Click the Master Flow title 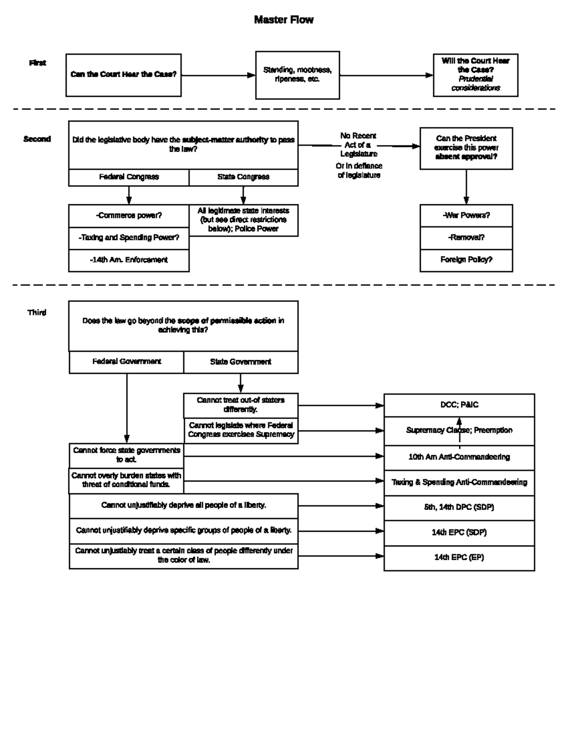[x=284, y=20]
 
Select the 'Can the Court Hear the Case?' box [x=124, y=75]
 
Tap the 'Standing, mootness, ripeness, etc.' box [x=297, y=75]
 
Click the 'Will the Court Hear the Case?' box [x=475, y=75]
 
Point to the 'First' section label [x=37, y=63]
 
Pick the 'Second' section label [x=37, y=139]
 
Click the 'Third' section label [x=37, y=313]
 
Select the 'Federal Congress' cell [x=129, y=177]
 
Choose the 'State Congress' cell [x=243, y=177]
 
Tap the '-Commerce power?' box [x=129, y=216]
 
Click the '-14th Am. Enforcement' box [x=129, y=260]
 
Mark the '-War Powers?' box [x=466, y=216]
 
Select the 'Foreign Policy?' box [x=466, y=260]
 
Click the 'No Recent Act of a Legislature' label [x=358, y=145]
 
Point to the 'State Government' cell [x=240, y=362]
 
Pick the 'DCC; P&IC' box [x=459, y=405]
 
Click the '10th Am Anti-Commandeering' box [x=459, y=457]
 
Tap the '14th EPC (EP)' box [x=459, y=558]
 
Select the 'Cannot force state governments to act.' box [x=126, y=455]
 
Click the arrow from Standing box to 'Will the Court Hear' [x=386, y=75]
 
